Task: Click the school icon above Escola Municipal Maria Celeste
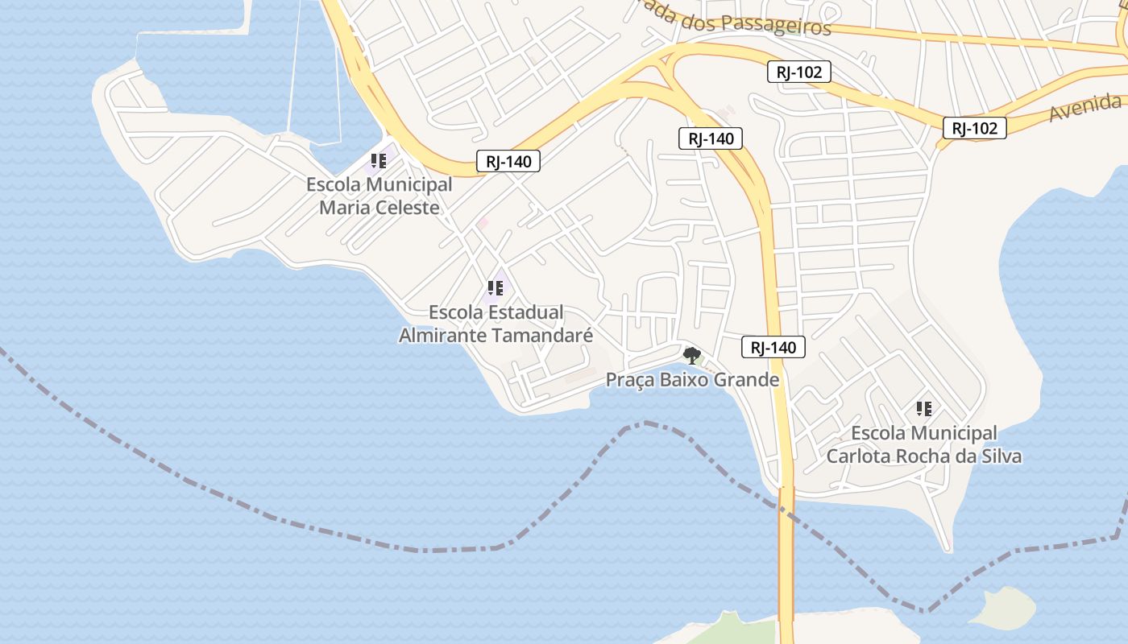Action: click(378, 161)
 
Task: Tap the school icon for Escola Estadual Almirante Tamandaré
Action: click(495, 288)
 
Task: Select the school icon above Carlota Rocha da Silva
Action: click(923, 409)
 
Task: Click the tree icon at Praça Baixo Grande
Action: click(690, 355)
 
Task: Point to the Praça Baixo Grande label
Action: click(692, 380)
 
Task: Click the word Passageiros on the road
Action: click(775, 25)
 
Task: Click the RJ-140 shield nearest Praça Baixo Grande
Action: click(773, 348)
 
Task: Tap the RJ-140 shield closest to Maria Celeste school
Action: click(508, 161)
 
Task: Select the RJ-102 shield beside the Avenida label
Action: click(975, 128)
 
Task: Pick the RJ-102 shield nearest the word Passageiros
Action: click(798, 72)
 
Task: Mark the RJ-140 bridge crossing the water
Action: click(786, 547)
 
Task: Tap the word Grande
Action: click(749, 380)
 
